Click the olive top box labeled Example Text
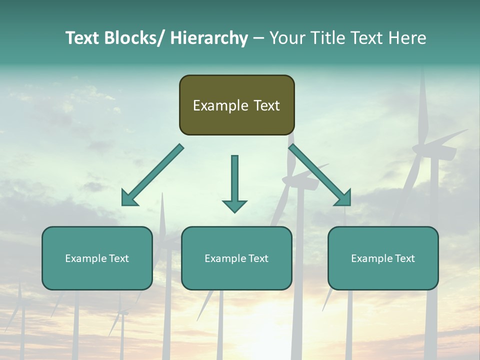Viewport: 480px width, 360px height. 236,105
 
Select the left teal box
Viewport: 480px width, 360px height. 97,258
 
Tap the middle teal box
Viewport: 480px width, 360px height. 236,258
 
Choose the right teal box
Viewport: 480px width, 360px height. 383,258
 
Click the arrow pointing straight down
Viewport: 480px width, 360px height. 234,182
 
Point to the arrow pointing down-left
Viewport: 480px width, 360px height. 153,175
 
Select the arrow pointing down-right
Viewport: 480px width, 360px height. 320,175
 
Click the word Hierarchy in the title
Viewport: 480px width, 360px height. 209,38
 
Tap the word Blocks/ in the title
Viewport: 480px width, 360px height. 132,38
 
